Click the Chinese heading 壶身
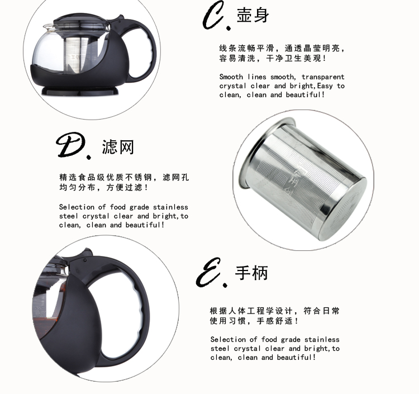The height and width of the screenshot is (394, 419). tap(253, 15)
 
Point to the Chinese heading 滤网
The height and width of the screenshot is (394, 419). tap(117, 147)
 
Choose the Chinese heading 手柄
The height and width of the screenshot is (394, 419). tap(251, 273)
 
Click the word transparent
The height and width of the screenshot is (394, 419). tap(323, 77)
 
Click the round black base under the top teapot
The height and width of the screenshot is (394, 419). tap(80, 91)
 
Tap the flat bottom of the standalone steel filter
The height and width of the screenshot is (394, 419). tap(345, 211)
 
